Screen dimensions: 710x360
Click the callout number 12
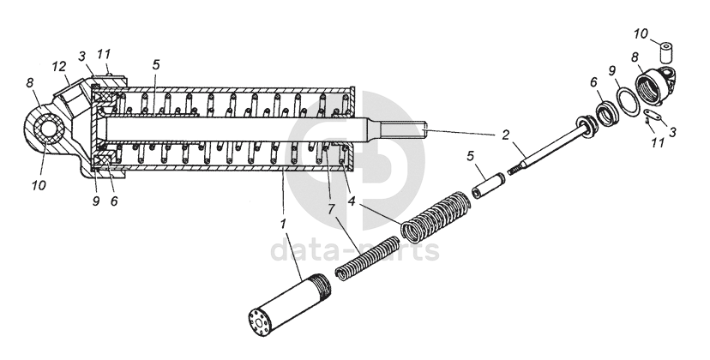[x=60, y=66]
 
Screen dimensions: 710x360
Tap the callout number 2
[x=505, y=135]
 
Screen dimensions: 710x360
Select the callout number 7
[x=331, y=210]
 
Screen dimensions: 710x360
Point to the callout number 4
[x=352, y=201]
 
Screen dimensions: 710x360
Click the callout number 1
[x=283, y=224]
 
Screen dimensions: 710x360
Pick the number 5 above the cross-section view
[x=155, y=64]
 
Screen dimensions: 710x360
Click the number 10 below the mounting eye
[x=39, y=185]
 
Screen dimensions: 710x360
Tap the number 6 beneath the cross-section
[x=114, y=201]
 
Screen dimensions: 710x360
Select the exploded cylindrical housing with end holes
[x=289, y=306]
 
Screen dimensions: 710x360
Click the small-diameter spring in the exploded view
[x=367, y=258]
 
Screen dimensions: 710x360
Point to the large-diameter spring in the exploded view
[x=436, y=217]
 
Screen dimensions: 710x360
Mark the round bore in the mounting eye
[x=46, y=129]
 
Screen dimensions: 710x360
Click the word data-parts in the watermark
[x=355, y=250]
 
